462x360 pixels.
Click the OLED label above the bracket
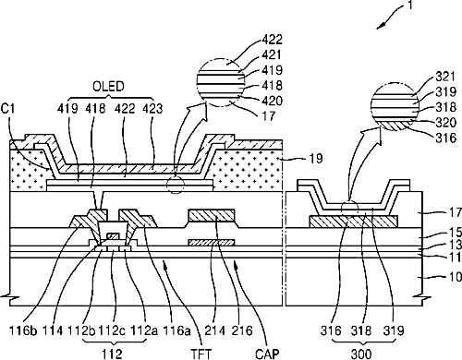pos(108,87)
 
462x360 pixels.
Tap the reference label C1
pos(8,109)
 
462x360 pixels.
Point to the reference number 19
pos(314,159)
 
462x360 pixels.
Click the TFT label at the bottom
pos(201,354)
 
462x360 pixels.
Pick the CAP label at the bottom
pos(267,354)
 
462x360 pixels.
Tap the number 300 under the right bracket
pos(361,354)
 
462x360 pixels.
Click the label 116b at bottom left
pos(19,330)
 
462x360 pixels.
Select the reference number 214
pos(213,330)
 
